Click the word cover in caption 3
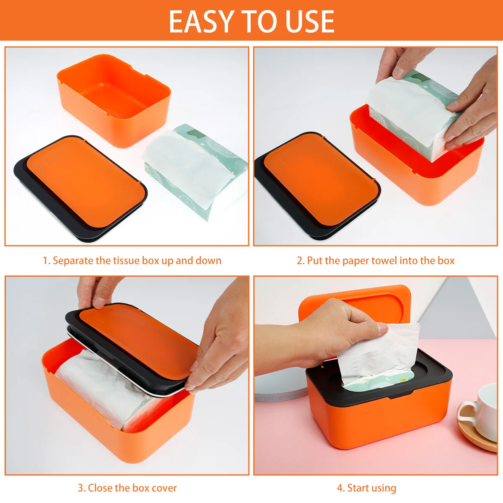tap(164, 488)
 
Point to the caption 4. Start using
tap(366, 488)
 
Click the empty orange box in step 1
tap(113, 99)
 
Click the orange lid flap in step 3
tap(138, 335)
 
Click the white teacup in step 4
tap(482, 411)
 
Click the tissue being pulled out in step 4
tap(377, 356)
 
